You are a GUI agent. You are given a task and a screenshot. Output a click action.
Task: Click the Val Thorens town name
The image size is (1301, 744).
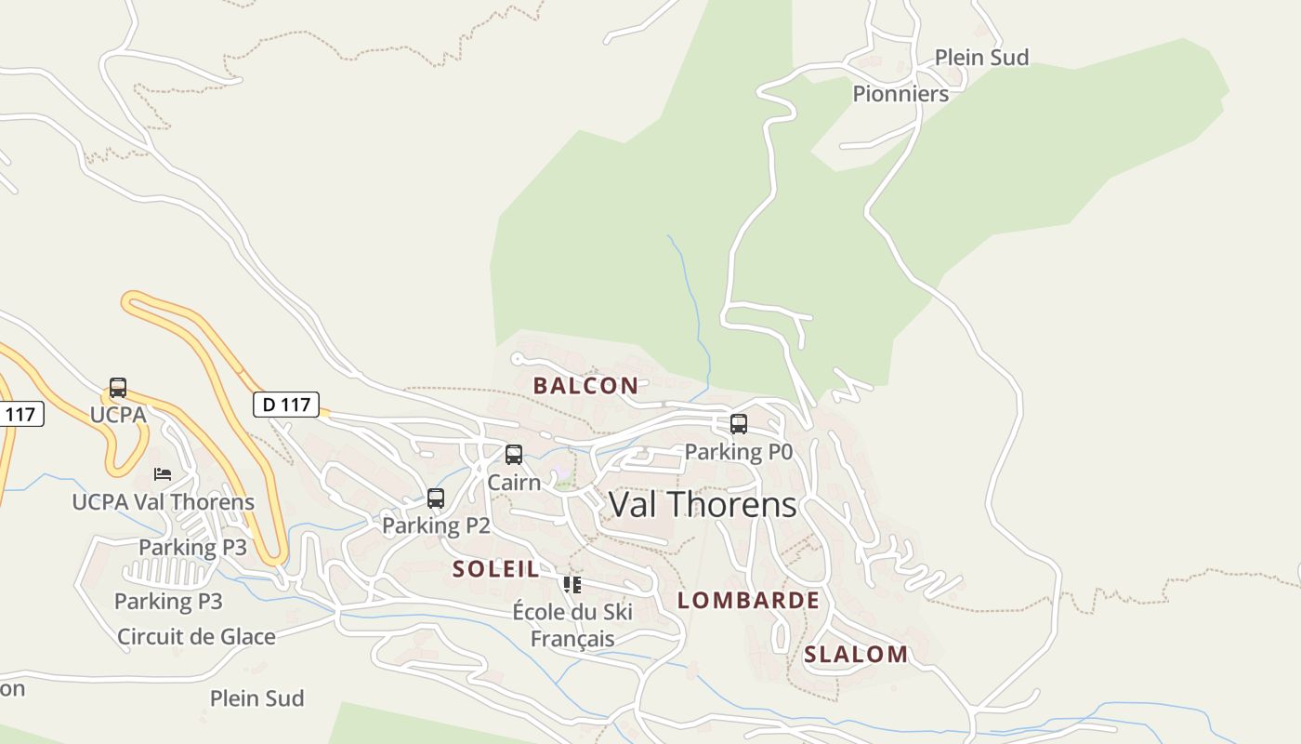click(x=703, y=505)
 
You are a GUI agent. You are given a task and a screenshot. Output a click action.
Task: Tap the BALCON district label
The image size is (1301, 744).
click(x=585, y=386)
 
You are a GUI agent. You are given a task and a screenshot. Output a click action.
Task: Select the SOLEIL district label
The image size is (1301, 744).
click(x=495, y=569)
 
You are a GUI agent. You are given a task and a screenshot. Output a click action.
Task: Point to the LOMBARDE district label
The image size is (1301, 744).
click(x=748, y=600)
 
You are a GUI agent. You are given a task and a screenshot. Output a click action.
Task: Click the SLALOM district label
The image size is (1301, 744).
click(x=856, y=655)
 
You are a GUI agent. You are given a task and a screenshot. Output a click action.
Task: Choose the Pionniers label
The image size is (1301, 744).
click(x=900, y=94)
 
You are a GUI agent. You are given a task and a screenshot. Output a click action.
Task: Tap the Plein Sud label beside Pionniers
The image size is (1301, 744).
click(x=981, y=58)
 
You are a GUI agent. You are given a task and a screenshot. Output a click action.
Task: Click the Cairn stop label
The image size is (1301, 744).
click(x=514, y=483)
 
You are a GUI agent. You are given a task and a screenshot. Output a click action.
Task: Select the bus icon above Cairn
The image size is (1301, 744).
click(x=514, y=455)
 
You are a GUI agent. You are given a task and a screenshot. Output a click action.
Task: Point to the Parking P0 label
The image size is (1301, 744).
click(x=738, y=452)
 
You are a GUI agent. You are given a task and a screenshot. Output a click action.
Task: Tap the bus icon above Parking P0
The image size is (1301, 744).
click(x=739, y=424)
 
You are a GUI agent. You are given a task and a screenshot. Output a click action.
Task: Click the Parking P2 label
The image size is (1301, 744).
click(x=436, y=525)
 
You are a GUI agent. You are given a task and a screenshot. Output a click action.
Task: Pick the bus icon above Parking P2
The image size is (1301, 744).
click(x=436, y=498)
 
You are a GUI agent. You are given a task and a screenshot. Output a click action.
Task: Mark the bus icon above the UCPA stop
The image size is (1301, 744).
click(x=118, y=388)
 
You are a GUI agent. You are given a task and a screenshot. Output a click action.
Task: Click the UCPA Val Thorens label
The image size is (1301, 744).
click(x=164, y=502)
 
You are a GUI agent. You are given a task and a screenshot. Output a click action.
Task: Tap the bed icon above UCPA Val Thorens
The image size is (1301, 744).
click(x=163, y=474)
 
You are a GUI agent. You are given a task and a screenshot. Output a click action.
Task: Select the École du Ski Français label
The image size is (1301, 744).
click(x=572, y=625)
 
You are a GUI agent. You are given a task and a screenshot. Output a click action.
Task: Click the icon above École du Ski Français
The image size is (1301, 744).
click(x=572, y=585)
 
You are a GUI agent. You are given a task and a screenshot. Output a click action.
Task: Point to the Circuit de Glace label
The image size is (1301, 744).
click(x=196, y=637)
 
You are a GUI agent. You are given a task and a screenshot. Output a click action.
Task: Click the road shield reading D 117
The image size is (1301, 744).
click(x=286, y=405)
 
